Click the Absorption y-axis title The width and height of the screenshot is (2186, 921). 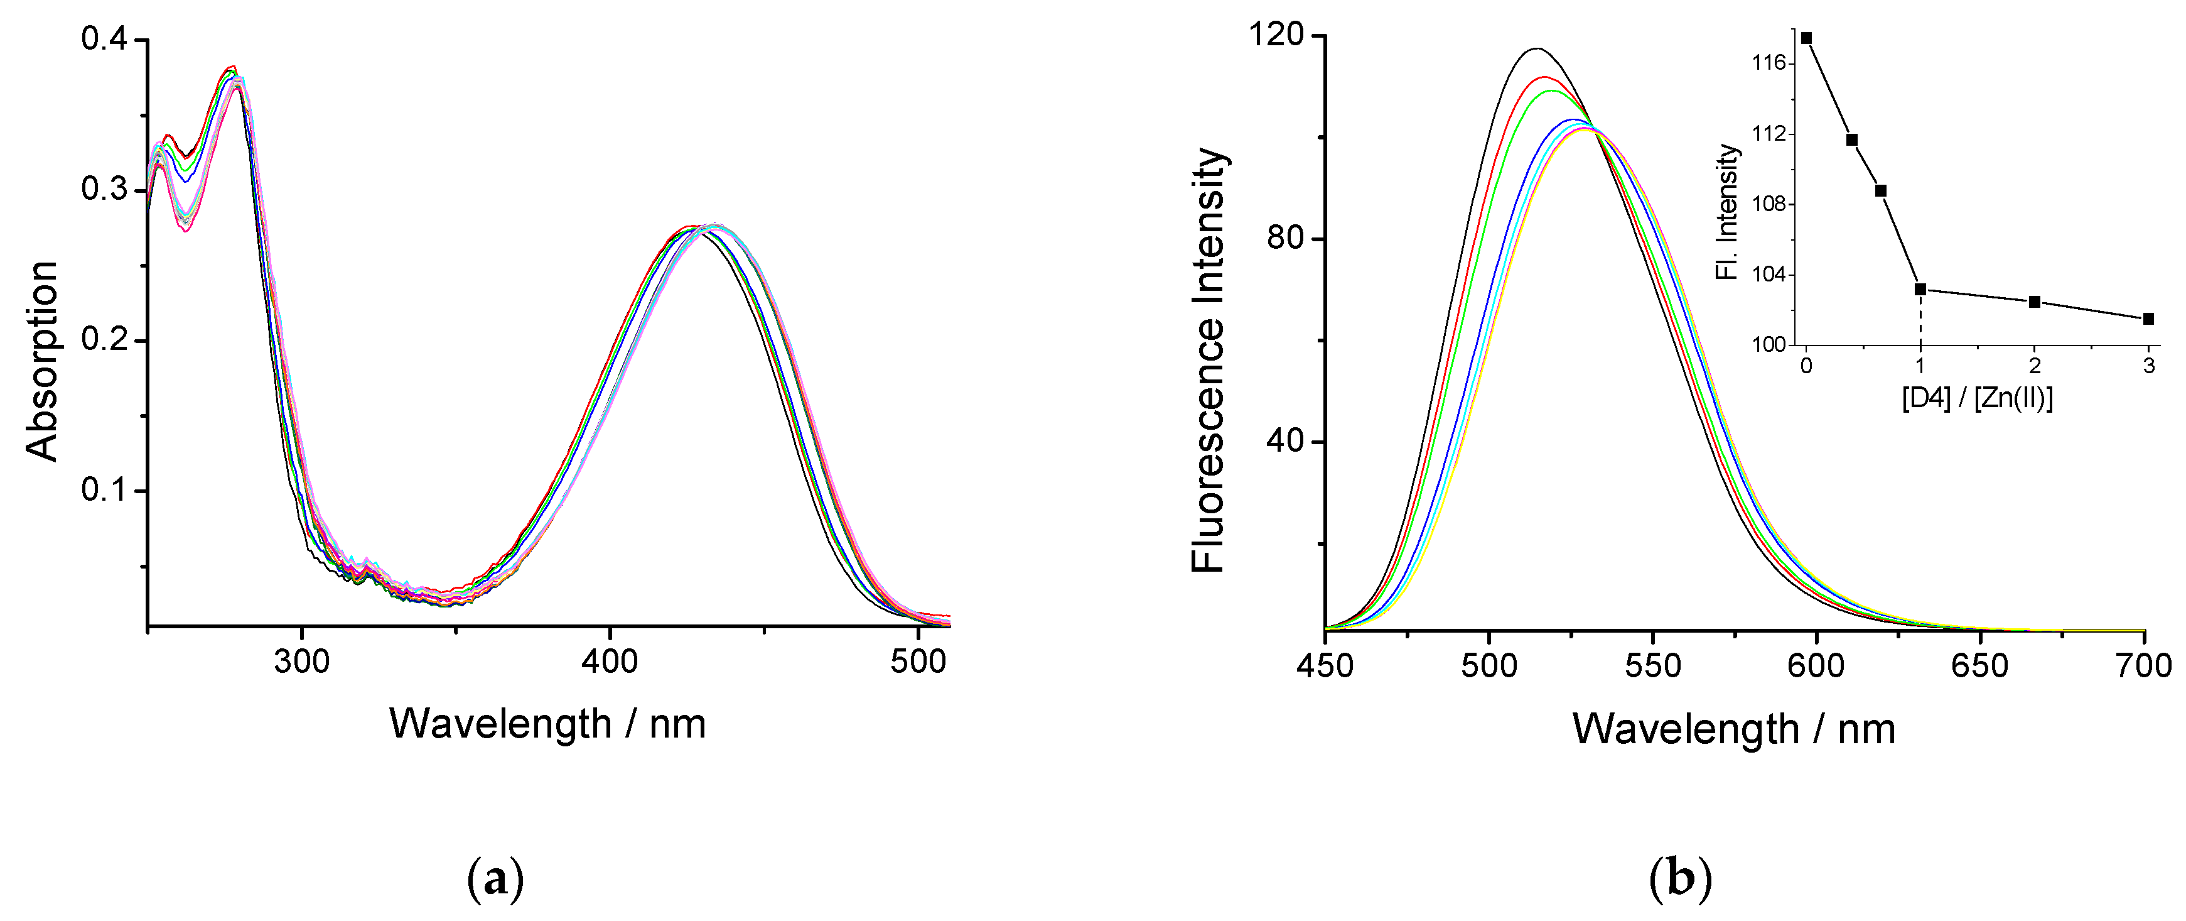point(43,361)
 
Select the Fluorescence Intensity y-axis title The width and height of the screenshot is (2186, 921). point(1209,361)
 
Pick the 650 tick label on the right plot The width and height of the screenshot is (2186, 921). point(1980,665)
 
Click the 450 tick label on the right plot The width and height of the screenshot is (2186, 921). point(1325,665)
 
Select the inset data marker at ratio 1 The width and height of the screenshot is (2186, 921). point(1920,290)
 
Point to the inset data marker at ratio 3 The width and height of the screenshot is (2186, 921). point(2148,319)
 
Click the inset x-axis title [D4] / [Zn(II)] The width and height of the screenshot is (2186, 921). point(1977,397)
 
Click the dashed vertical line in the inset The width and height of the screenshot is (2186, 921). point(1920,319)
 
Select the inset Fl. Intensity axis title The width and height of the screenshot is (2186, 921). point(1728,212)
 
